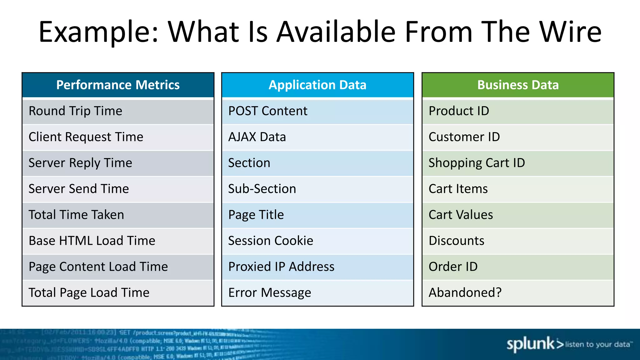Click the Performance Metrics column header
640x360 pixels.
coord(118,85)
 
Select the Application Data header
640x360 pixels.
coord(317,85)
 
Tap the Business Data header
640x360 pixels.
coord(518,85)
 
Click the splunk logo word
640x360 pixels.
coord(531,344)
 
